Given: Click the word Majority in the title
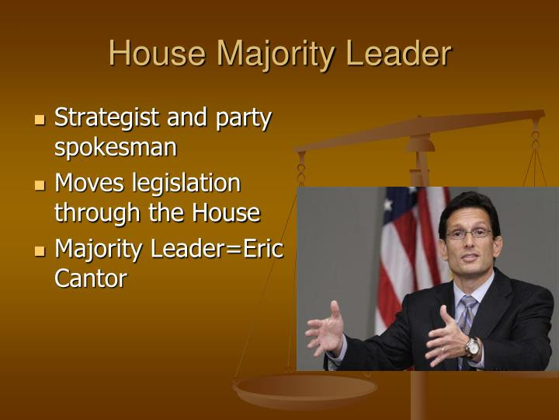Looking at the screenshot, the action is tap(276, 55).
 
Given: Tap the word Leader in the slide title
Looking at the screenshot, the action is tap(398, 53).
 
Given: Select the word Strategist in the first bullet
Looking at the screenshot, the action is tap(106, 118).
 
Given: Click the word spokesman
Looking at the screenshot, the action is tap(116, 148).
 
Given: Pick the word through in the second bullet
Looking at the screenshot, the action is tap(97, 214).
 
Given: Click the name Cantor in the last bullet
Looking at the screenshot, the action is tap(91, 278).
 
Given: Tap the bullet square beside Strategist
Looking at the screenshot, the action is tap(40, 120).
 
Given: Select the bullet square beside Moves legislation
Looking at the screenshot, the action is tap(40, 185).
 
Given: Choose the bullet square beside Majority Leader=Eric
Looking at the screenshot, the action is tap(40, 250).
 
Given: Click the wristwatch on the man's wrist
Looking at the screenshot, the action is tap(472, 347).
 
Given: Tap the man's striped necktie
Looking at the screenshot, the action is tap(467, 321).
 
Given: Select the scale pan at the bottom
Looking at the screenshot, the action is tap(305, 390).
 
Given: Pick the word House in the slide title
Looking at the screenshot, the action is tap(157, 53).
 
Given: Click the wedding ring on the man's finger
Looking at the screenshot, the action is tap(443, 350).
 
